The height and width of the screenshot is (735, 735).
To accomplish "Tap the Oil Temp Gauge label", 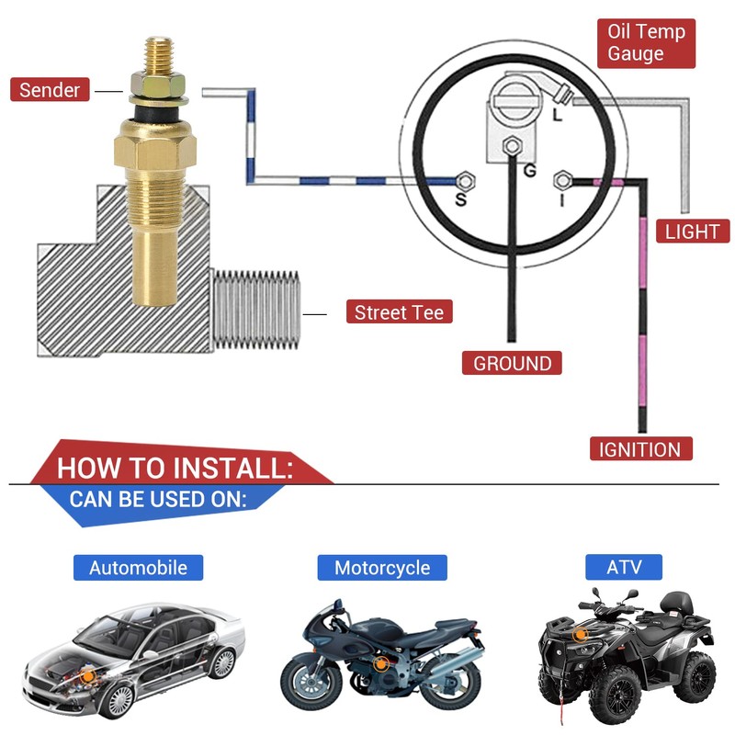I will pos(646,43).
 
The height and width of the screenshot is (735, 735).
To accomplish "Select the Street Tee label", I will pos(399,312).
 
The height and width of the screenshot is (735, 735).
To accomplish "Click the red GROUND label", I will pos(512,363).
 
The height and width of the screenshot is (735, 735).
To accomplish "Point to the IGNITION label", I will pos(639,449).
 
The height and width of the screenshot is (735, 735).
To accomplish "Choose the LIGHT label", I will pos(692,231).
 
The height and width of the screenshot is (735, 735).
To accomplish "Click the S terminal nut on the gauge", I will pos(464,179).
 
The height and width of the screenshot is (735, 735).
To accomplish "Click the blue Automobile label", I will pos(138,567).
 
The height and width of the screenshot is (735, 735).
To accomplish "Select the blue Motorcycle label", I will pos(381,567).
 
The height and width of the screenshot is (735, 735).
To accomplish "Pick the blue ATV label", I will pos(624,566).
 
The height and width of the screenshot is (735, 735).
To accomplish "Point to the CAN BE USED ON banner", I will pos(157,501).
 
